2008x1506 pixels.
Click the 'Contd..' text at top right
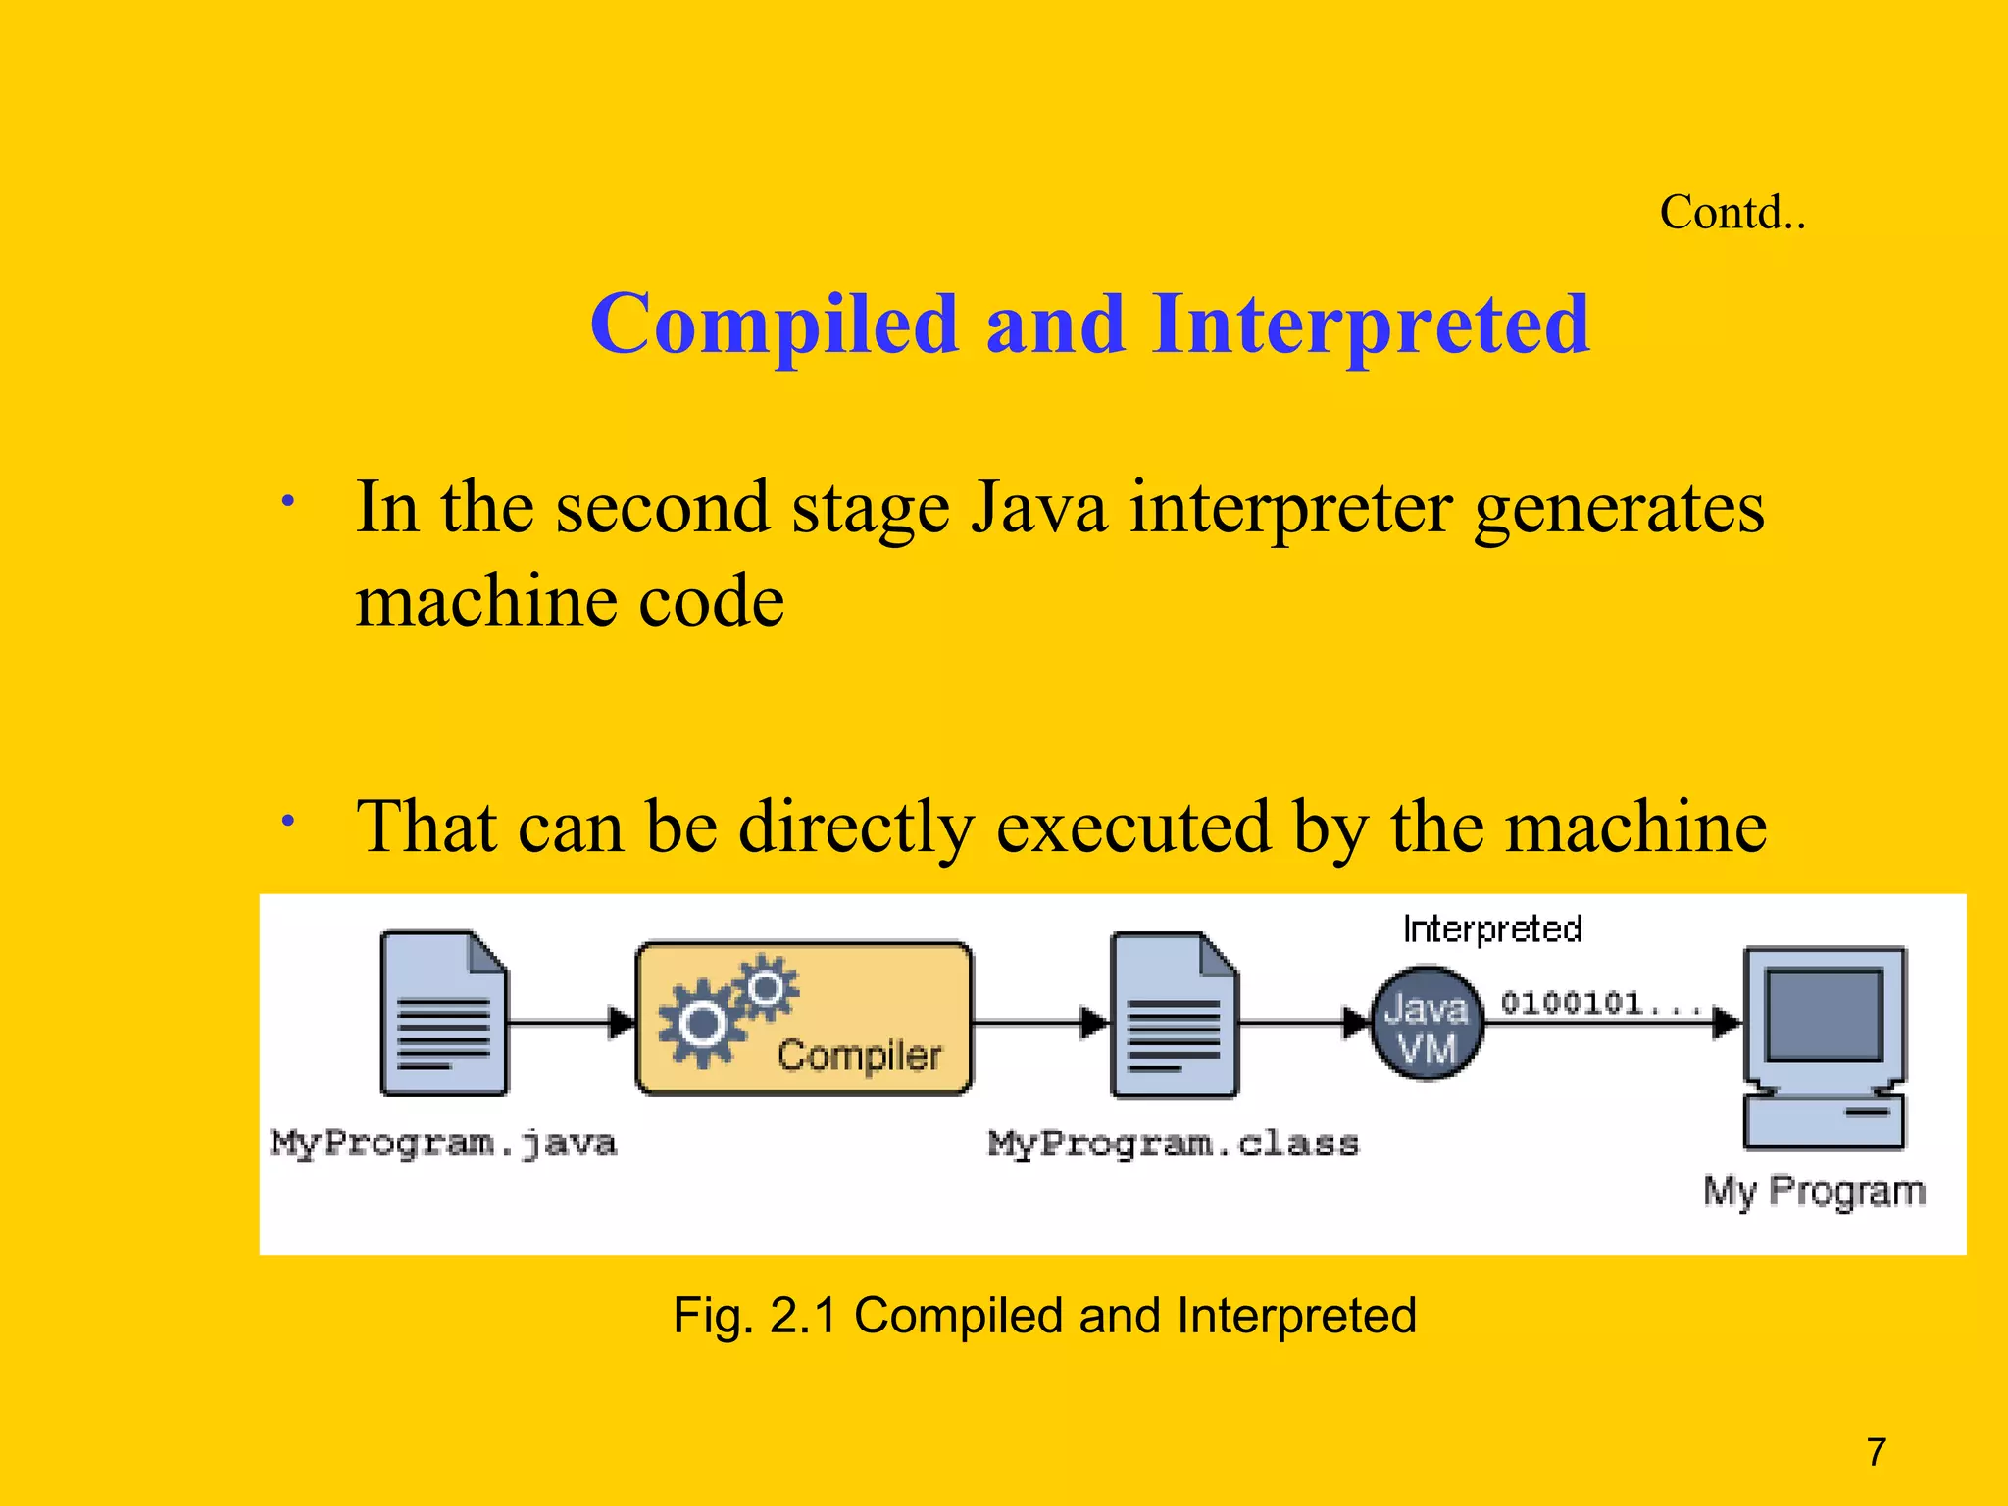point(1732,213)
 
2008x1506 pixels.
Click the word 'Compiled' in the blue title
point(774,325)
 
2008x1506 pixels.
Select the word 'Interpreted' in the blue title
point(1371,325)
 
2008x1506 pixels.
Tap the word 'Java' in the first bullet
point(1038,508)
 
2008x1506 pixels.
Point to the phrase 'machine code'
point(570,600)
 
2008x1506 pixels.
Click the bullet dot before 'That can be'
point(287,820)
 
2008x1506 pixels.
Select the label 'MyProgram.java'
point(443,1143)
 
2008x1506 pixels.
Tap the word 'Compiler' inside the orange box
point(859,1056)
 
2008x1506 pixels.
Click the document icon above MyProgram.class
point(1174,1016)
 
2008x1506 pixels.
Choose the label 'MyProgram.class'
point(1174,1144)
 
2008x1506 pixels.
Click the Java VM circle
point(1427,1025)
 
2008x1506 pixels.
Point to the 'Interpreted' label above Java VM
point(1492,929)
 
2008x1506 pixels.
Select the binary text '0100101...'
point(1598,1003)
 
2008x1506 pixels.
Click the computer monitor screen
point(1824,1014)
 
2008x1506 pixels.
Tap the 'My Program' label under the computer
point(1814,1191)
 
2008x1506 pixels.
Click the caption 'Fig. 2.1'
point(754,1316)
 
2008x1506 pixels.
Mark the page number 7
point(1877,1452)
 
